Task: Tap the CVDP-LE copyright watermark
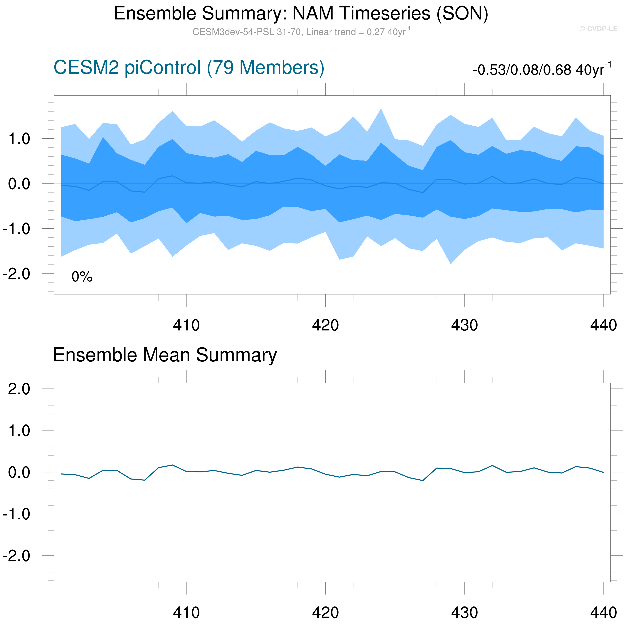(x=598, y=29)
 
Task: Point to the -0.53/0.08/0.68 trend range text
(x=542, y=69)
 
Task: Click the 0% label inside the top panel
(x=82, y=277)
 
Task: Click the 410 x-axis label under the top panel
(x=186, y=325)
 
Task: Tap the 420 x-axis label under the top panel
(x=325, y=325)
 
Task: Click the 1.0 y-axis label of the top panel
(x=19, y=139)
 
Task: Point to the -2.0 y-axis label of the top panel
(x=16, y=274)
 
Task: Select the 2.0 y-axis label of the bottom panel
(x=19, y=389)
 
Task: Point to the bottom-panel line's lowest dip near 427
(x=423, y=480)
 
